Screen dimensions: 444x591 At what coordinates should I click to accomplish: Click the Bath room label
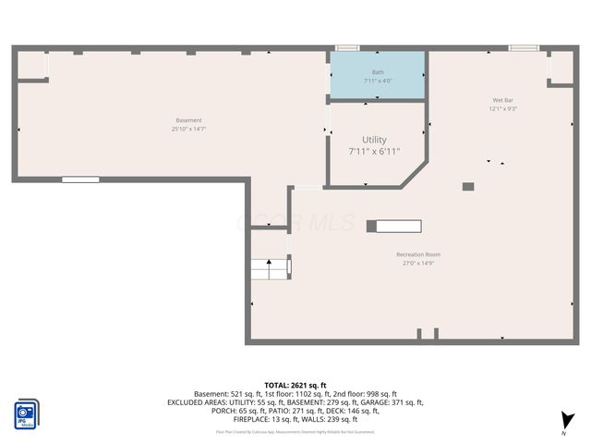tap(379, 72)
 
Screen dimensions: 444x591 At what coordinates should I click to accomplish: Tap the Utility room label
tap(374, 140)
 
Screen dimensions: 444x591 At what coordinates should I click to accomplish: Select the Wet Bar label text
tap(503, 100)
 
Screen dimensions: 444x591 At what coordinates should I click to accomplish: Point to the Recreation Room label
tap(418, 254)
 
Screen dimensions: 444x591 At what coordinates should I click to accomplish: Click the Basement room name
tap(188, 120)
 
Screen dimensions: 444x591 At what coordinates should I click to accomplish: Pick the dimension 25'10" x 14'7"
tap(188, 129)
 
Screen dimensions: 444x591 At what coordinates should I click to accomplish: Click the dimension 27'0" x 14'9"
tap(418, 264)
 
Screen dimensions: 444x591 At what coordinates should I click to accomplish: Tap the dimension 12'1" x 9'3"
tap(503, 109)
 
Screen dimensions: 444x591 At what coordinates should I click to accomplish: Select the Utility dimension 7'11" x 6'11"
tap(374, 151)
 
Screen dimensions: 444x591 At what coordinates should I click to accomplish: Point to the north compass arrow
tap(567, 421)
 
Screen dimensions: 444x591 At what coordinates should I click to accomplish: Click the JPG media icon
tap(26, 413)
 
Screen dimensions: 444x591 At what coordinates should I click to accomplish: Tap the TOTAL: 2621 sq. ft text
tap(295, 385)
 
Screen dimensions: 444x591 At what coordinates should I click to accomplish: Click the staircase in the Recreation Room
tap(271, 267)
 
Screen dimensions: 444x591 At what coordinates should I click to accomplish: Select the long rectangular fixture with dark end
tap(394, 226)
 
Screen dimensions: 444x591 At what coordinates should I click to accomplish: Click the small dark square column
tap(468, 186)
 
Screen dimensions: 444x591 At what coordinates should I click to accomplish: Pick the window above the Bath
tap(347, 47)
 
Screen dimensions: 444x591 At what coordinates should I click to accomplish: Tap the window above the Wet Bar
tap(524, 47)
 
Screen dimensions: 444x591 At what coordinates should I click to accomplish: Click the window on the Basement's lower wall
tap(80, 179)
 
